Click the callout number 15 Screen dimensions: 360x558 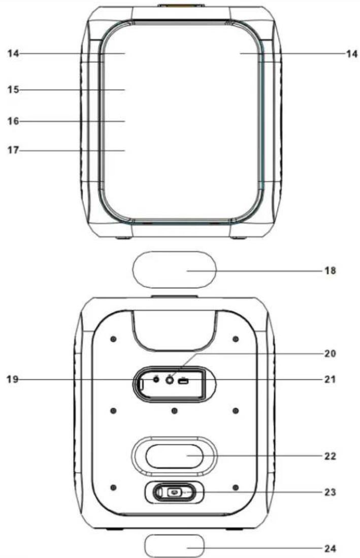coord(13,89)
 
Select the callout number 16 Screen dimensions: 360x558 coord(13,121)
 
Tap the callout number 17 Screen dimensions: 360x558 coord(13,150)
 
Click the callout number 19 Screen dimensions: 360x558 coord(13,379)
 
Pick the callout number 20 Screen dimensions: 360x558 coord(330,353)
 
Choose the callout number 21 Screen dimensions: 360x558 coord(330,379)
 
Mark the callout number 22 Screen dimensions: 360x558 coord(330,456)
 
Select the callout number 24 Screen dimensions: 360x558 coord(330,548)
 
